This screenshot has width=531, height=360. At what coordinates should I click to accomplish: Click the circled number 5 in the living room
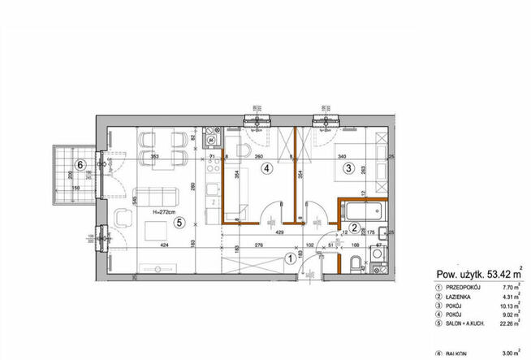click(x=180, y=219)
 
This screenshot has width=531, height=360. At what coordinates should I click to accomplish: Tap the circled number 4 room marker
click(x=265, y=169)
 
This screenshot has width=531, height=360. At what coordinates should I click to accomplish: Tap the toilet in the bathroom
click(x=354, y=262)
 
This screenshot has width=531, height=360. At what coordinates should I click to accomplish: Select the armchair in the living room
click(x=123, y=219)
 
